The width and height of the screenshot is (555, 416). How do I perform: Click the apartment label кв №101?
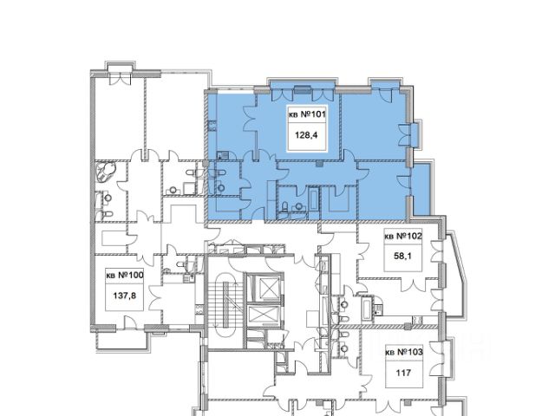pyautogui.click(x=307, y=114)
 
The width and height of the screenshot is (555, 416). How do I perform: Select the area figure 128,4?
pyautogui.click(x=306, y=135)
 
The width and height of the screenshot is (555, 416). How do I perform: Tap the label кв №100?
pyautogui.click(x=125, y=275)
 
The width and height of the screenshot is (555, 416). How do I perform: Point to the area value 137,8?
pyautogui.click(x=125, y=296)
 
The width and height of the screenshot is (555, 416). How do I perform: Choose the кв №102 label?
pyautogui.click(x=403, y=236)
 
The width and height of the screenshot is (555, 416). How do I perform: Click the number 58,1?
pyautogui.click(x=402, y=256)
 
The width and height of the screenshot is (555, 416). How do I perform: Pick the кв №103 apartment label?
pyautogui.click(x=404, y=353)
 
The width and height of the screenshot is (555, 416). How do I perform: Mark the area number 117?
pyautogui.click(x=403, y=373)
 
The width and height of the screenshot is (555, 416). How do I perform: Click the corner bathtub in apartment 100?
pyautogui.click(x=106, y=172)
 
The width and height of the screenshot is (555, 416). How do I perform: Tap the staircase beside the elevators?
pyautogui.click(x=225, y=304)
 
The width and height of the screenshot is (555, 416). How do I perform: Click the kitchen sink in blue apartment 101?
pyautogui.click(x=223, y=155)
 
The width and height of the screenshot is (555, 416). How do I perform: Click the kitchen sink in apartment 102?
pyautogui.click(x=378, y=310)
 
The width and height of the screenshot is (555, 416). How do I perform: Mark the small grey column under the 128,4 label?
pyautogui.click(x=319, y=164)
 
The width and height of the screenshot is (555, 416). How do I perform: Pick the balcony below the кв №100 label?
pyautogui.click(x=122, y=341)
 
